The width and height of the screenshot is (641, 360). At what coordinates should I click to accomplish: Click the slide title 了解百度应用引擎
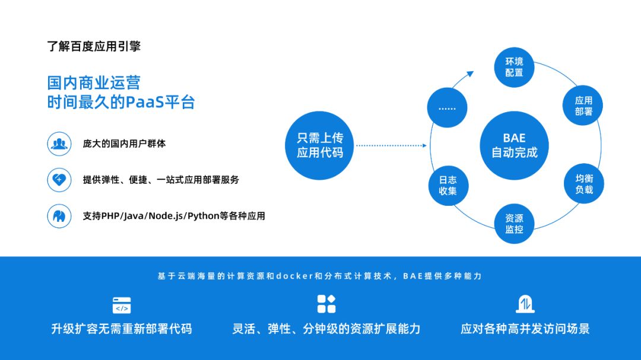point(94,46)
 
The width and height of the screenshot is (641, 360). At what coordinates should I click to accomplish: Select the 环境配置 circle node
point(514,67)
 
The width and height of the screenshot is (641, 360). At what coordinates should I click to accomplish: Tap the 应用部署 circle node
point(583,106)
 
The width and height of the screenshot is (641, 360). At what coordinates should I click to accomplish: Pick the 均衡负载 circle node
point(583,184)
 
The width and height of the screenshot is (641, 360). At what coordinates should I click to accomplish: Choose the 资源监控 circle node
point(514,224)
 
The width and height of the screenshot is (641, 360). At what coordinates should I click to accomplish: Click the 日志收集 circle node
point(448,185)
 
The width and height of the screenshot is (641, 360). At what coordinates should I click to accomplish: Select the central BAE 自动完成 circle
point(514,145)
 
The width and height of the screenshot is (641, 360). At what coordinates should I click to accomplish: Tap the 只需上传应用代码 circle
point(320,145)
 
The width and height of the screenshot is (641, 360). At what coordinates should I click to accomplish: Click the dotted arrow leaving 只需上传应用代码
point(391,145)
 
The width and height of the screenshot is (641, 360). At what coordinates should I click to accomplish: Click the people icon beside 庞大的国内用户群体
point(59,144)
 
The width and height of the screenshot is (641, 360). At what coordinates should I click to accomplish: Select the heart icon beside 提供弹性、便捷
point(59,180)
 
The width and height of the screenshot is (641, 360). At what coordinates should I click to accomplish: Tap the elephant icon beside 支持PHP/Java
point(59,216)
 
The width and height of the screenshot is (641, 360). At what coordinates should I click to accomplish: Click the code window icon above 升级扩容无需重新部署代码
point(122,305)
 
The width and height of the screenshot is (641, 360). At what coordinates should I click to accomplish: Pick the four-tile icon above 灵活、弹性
point(326,304)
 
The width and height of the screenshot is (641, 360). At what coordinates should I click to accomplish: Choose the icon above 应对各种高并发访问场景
point(525,304)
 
